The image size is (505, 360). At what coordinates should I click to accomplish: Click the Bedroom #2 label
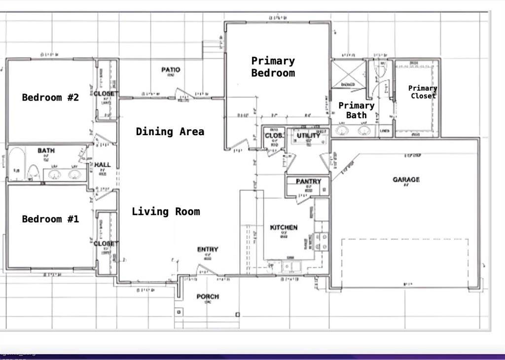click(50, 97)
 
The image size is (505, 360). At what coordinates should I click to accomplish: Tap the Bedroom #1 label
click(50, 219)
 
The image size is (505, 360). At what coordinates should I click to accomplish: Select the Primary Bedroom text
click(273, 67)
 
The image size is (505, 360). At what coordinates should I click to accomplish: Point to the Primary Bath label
click(356, 110)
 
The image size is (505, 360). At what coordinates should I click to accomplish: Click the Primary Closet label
click(423, 92)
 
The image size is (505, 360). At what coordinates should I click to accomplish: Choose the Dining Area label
click(170, 132)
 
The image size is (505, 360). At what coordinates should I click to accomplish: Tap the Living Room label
click(166, 212)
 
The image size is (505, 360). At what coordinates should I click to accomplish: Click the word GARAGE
click(406, 180)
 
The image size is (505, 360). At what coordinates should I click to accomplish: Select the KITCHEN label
click(284, 227)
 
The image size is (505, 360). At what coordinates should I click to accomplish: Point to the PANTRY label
click(308, 181)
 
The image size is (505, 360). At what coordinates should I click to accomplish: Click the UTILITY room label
click(308, 136)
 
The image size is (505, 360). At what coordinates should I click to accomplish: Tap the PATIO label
click(171, 70)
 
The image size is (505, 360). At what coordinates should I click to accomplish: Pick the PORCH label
click(208, 296)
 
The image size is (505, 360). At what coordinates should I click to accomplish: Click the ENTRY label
click(208, 250)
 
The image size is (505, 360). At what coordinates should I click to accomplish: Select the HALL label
click(103, 165)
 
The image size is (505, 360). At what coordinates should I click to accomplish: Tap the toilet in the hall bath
click(34, 172)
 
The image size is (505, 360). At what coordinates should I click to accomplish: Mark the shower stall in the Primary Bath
click(348, 74)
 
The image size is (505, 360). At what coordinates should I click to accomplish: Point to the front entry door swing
click(206, 270)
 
